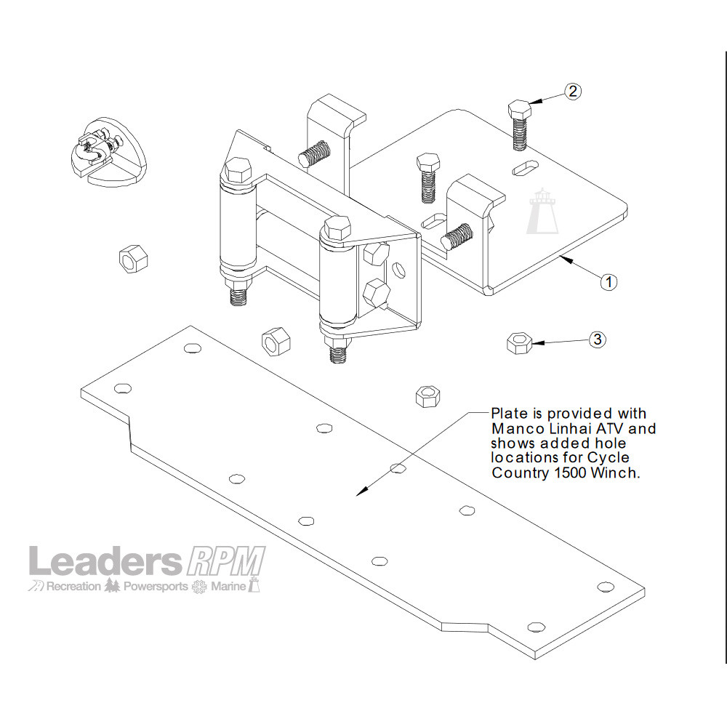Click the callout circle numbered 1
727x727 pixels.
click(x=608, y=281)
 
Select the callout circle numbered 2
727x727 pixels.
click(x=573, y=92)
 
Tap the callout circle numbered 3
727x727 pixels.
click(x=598, y=340)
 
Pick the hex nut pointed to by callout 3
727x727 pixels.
click(x=519, y=343)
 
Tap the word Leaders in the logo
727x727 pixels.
click(x=105, y=561)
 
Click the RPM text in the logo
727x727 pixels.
click(x=226, y=561)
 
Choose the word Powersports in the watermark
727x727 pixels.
click(x=156, y=587)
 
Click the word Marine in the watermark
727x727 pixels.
click(x=228, y=587)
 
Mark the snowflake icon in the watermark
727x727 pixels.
click(x=199, y=587)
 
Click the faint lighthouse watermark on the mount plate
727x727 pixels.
click(x=542, y=211)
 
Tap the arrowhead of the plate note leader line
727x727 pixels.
click(x=360, y=493)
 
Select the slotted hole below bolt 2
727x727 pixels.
click(x=526, y=168)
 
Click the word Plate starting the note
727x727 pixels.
click(x=509, y=413)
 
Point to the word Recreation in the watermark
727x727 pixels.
click(x=73, y=587)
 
